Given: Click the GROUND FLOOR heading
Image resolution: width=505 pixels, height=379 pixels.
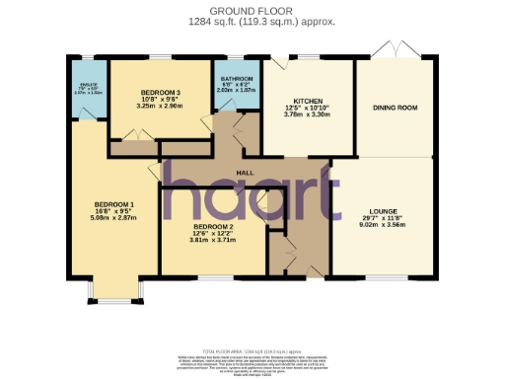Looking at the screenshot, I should pos(252,10).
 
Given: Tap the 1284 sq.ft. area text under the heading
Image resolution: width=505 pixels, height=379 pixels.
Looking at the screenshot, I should pos(252,20).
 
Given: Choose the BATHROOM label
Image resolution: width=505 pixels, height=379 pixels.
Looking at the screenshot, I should pos(236,78).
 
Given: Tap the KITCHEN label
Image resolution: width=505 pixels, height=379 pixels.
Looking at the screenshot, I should pos(303,102).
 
